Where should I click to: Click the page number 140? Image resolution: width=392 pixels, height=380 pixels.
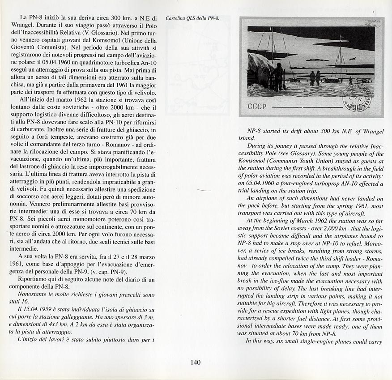[196, 363]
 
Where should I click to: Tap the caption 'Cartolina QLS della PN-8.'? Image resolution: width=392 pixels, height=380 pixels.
[192, 18]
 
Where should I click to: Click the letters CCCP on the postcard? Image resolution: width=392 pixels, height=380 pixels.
[257, 107]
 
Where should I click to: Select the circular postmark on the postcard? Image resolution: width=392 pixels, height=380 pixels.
[356, 96]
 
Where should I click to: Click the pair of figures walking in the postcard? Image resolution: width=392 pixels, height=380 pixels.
[315, 78]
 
